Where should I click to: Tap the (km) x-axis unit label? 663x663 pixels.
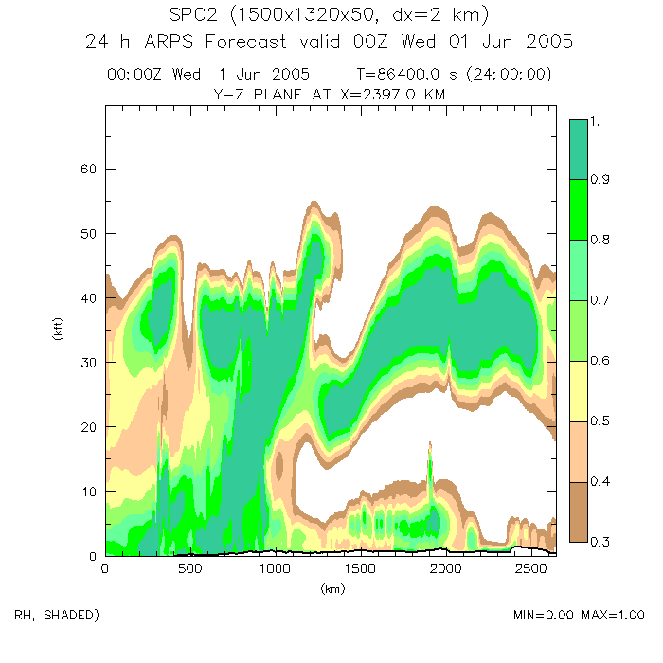pyautogui.click(x=331, y=589)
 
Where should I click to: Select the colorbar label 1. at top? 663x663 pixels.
pyautogui.click(x=597, y=121)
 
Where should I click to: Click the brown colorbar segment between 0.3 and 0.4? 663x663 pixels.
pyautogui.click(x=579, y=511)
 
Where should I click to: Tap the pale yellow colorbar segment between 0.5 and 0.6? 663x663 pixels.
pyautogui.click(x=579, y=391)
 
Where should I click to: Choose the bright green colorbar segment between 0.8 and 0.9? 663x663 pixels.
pyautogui.click(x=579, y=209)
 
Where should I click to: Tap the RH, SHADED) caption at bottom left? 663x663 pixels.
pyautogui.click(x=57, y=616)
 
